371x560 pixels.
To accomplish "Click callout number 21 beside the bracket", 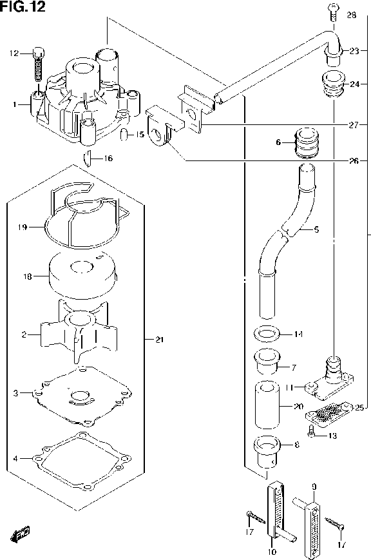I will [x=159, y=339].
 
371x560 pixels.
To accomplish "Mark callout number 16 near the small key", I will [x=108, y=158].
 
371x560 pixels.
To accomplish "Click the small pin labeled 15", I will [x=123, y=135].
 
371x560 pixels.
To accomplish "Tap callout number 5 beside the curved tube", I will [x=316, y=229].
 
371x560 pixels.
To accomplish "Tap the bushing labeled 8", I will [x=267, y=452].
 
